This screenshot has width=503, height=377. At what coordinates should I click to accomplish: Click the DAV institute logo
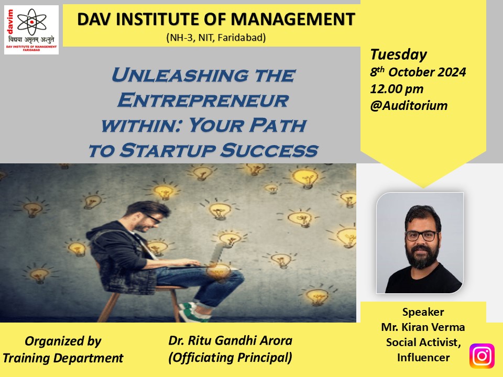(x=31, y=30)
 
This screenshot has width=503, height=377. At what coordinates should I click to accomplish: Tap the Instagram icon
(x=482, y=356)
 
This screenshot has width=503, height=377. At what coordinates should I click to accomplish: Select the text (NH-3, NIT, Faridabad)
(x=216, y=38)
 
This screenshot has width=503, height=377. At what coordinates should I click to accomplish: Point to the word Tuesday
(x=398, y=55)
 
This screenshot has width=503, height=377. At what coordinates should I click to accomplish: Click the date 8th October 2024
(x=418, y=72)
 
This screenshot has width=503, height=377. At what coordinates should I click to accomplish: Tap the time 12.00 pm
(x=397, y=89)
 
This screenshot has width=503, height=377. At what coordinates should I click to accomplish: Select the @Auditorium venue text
(x=409, y=105)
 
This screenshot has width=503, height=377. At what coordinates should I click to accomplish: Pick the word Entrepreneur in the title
(x=203, y=100)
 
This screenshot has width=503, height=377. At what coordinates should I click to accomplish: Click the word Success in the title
(x=269, y=150)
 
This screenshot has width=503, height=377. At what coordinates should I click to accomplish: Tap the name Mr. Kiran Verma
(x=423, y=327)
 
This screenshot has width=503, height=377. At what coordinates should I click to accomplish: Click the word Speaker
(x=423, y=312)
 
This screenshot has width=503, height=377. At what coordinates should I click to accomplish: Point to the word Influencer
(x=423, y=358)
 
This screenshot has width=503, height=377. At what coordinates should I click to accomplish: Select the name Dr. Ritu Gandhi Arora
(x=231, y=340)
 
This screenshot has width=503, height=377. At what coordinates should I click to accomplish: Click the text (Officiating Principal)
(x=231, y=358)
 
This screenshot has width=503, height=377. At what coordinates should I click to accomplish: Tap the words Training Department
(x=63, y=358)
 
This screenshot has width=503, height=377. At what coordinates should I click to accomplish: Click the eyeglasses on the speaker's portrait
(x=421, y=236)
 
